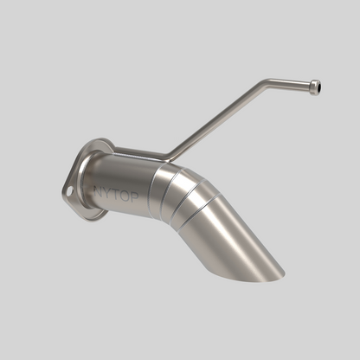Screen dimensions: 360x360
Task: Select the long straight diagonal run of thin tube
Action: (x=216, y=120)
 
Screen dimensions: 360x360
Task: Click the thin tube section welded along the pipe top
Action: (x=138, y=152)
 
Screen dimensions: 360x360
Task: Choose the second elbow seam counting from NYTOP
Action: (x=173, y=194)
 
